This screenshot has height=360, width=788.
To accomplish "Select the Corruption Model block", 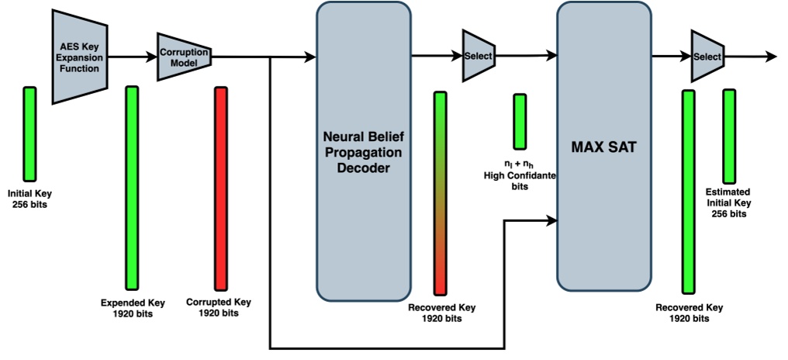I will tap(182, 56).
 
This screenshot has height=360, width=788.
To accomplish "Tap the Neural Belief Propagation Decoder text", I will tap(362, 151).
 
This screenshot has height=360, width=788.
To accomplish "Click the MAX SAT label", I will tap(603, 147).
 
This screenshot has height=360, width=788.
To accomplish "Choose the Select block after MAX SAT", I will tap(706, 57).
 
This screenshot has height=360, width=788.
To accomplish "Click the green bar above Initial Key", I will tap(29, 133).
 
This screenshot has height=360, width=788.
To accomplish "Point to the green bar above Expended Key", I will tap(132, 188).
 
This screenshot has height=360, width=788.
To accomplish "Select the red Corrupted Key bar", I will tap(221, 189).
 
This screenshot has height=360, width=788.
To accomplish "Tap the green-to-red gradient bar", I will tap(440, 193).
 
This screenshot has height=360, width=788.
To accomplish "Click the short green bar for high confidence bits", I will tap(520, 121).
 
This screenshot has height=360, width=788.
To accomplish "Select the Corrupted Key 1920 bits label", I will tap(219, 307).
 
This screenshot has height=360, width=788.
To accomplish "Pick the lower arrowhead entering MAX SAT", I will tap(551, 221).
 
